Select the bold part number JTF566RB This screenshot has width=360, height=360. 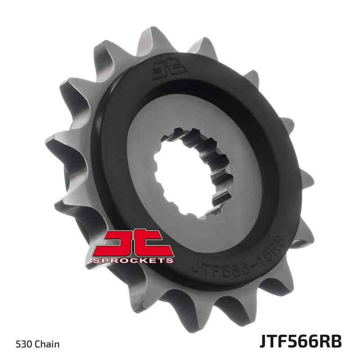300,342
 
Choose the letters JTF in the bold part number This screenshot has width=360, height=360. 274,342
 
